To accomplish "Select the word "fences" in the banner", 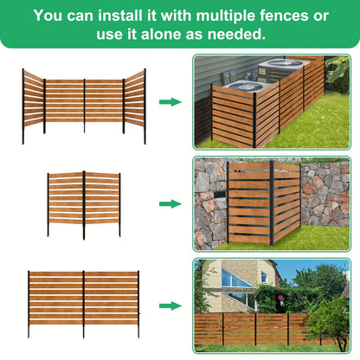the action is [x=284, y=16].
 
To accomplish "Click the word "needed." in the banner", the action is [x=236, y=35].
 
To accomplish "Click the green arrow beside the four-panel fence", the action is [x=170, y=102].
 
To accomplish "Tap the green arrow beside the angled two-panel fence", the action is [x=170, y=204].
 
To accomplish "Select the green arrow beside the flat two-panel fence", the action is [x=170, y=305].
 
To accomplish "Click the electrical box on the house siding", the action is [x=226, y=77].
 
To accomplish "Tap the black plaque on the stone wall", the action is [x=220, y=196].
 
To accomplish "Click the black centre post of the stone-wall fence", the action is [x=272, y=202].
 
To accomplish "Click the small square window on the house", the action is [x=264, y=277].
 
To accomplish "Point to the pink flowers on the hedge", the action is [x=280, y=298].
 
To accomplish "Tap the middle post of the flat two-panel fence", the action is [x=84, y=305].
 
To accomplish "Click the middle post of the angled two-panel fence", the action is [x=84, y=205].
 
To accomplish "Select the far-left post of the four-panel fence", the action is [x=23, y=106].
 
